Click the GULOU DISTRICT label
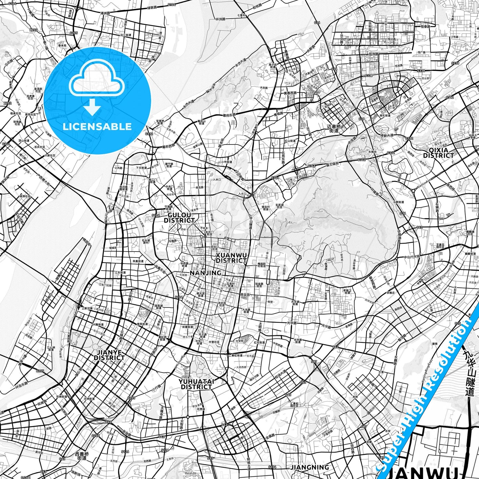(179, 218)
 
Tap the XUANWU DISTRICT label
(231, 258)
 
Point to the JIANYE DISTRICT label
(109, 355)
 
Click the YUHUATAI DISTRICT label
(196, 384)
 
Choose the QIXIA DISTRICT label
(438, 152)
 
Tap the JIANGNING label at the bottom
(310, 467)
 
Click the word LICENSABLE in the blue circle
(97, 127)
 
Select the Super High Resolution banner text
(428, 391)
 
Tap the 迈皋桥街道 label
(333, 129)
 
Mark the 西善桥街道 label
(82, 456)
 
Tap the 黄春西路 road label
(290, 93)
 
